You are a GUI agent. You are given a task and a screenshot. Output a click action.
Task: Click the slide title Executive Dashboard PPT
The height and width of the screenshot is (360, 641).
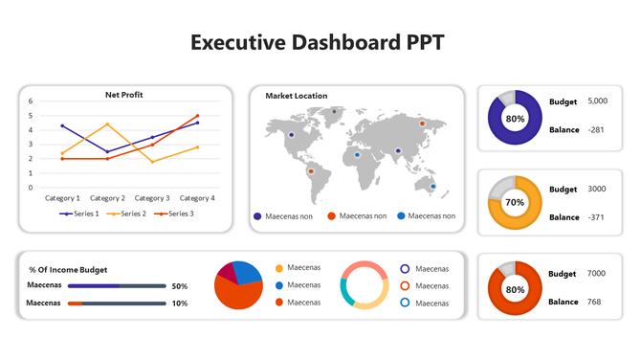(x=317, y=43)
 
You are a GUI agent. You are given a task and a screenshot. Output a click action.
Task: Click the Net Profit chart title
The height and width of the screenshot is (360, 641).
(x=124, y=95)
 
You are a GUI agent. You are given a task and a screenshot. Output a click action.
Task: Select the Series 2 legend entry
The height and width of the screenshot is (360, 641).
(x=127, y=214)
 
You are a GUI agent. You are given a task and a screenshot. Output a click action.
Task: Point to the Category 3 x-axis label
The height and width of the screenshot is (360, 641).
(x=153, y=198)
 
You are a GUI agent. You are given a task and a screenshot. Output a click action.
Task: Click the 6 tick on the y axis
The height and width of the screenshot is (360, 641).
(x=31, y=101)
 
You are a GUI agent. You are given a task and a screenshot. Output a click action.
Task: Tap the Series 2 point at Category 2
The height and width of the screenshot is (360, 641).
(x=107, y=124)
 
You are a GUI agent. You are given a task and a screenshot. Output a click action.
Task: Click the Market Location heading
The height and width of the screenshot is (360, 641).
(x=296, y=96)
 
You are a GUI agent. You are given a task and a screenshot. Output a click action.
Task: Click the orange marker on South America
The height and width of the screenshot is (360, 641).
(x=310, y=171)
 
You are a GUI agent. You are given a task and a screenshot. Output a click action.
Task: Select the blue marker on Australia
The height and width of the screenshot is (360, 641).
(x=432, y=186)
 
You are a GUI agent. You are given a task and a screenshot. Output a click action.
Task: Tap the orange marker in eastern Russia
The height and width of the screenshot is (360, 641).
(x=422, y=123)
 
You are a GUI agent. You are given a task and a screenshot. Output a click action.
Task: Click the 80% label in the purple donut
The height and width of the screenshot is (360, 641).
(x=515, y=119)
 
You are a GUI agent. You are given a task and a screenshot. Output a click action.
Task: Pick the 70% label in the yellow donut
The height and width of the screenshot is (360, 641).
(x=515, y=203)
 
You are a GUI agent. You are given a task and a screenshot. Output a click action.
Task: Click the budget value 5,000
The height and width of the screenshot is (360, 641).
(x=598, y=101)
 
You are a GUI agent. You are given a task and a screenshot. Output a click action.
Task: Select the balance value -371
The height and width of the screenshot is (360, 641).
(x=597, y=217)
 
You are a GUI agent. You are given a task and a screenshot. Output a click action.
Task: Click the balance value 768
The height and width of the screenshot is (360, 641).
(x=595, y=302)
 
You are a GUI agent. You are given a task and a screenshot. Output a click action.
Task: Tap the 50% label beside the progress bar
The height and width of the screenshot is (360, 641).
(x=179, y=286)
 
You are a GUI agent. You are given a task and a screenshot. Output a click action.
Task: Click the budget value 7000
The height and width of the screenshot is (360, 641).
(x=596, y=274)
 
